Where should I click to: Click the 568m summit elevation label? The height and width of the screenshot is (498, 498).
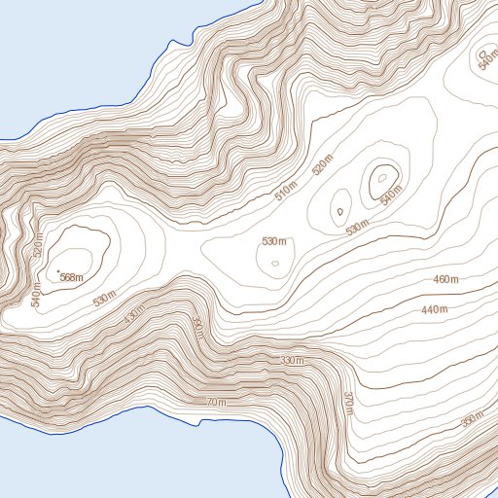point(72,277)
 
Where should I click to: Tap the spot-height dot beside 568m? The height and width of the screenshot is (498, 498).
point(58,270)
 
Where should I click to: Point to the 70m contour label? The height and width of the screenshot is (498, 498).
point(216,403)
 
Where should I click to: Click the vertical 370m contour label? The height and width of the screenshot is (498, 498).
point(347,401)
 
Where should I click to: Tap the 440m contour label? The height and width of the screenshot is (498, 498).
point(435,309)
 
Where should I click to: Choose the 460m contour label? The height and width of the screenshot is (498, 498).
point(446,280)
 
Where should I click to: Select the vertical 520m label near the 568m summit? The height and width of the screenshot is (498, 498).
point(39,245)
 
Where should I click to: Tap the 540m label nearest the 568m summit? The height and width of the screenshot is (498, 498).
point(36,293)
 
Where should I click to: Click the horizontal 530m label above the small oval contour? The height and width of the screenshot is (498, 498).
point(274,240)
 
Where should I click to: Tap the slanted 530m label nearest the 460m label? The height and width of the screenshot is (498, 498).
point(358,228)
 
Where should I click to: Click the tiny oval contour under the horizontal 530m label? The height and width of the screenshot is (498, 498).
point(275,263)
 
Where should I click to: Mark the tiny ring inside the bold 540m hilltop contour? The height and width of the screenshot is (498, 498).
point(383,177)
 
